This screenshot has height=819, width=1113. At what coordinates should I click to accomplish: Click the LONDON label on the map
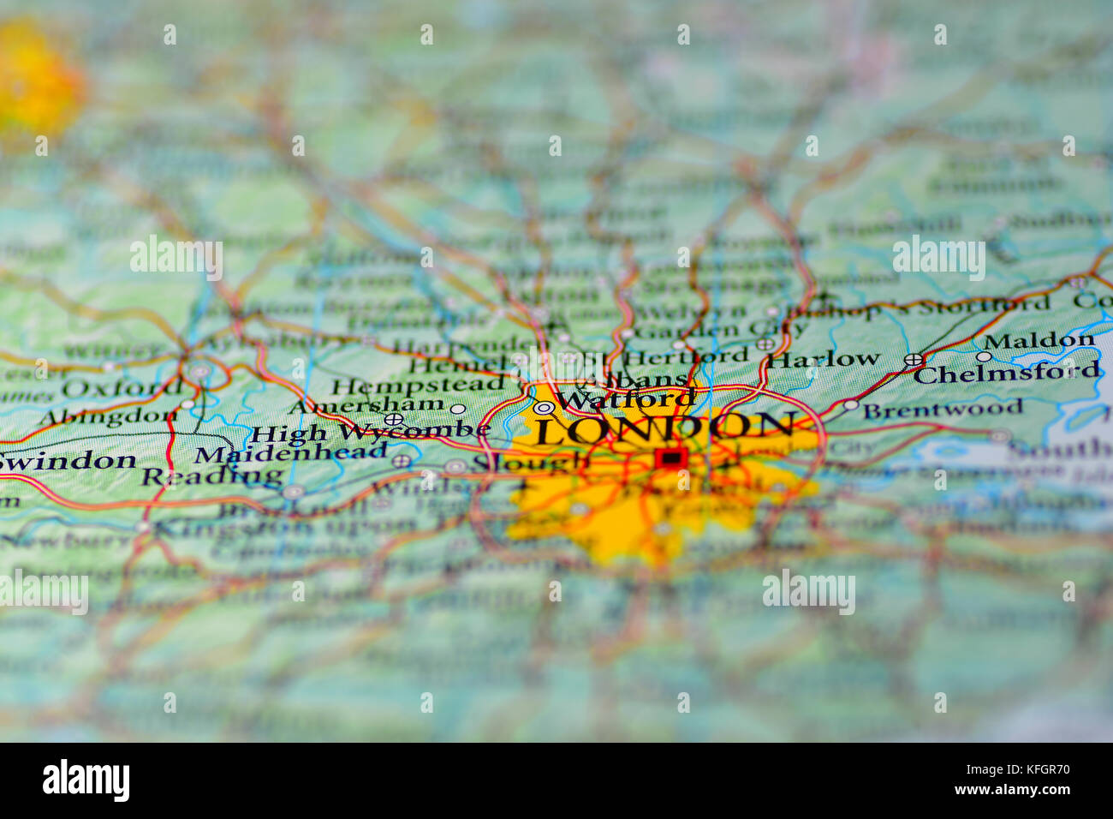click(664, 427)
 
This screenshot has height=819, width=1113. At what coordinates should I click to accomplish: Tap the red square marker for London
click(670, 459)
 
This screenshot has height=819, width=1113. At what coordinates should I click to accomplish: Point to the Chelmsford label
click(1006, 373)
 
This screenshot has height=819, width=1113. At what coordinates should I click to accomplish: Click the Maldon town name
click(1039, 340)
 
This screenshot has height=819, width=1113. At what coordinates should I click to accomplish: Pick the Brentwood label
click(942, 409)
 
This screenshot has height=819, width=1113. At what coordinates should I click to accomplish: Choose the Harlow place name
click(823, 358)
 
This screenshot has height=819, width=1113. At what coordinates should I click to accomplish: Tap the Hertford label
click(687, 356)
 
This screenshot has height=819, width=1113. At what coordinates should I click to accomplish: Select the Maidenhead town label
click(290, 453)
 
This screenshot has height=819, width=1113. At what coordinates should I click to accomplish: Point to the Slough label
click(531, 463)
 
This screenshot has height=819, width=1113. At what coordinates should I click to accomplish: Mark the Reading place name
click(211, 475)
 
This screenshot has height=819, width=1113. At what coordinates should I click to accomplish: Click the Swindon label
click(68, 460)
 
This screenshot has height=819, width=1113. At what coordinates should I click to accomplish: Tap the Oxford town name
click(121, 388)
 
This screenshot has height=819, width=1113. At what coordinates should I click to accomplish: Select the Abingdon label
click(107, 417)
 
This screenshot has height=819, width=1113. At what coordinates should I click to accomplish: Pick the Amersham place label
click(366, 405)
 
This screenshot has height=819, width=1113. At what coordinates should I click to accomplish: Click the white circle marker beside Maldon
click(984, 356)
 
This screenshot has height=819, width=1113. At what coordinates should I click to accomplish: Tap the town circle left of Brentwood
click(850, 404)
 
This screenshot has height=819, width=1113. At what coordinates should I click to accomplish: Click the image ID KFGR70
click(1039, 769)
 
